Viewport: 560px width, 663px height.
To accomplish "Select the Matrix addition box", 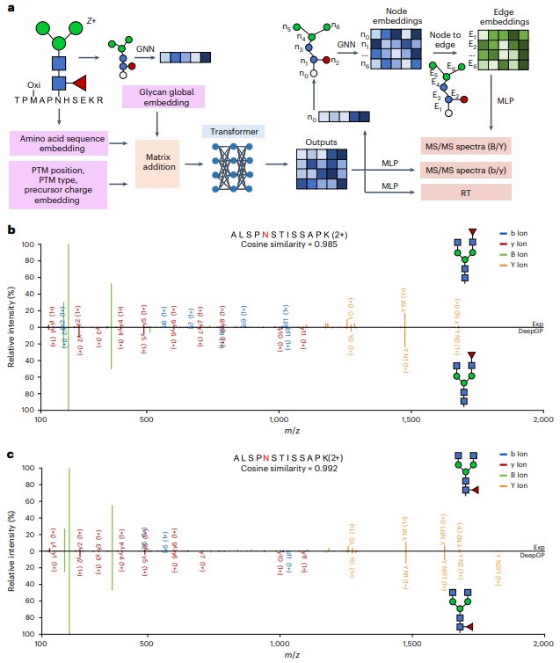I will [156, 161].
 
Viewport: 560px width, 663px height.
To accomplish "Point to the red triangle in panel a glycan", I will [78, 83].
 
